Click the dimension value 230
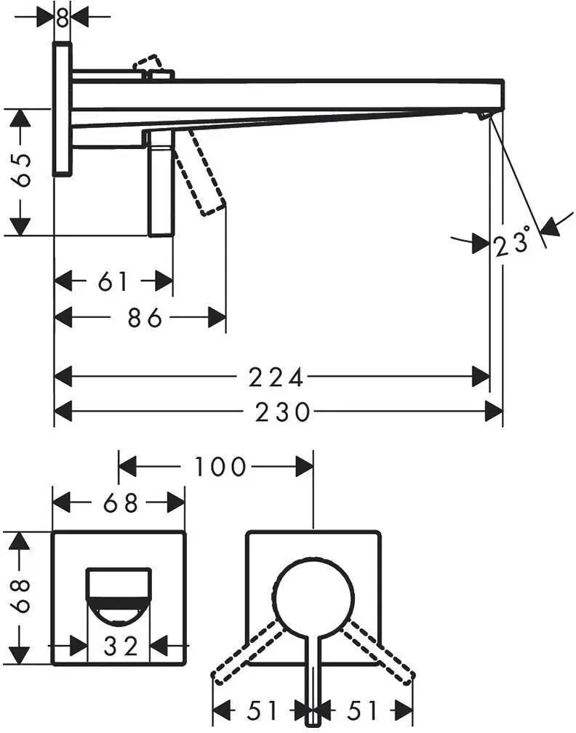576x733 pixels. point(282,412)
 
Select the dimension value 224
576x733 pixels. point(276,377)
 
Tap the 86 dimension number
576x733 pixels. point(145,318)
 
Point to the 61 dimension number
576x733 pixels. point(113,281)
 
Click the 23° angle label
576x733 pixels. point(513,242)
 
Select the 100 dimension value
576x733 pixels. point(220,467)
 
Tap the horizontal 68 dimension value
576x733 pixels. point(121,503)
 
